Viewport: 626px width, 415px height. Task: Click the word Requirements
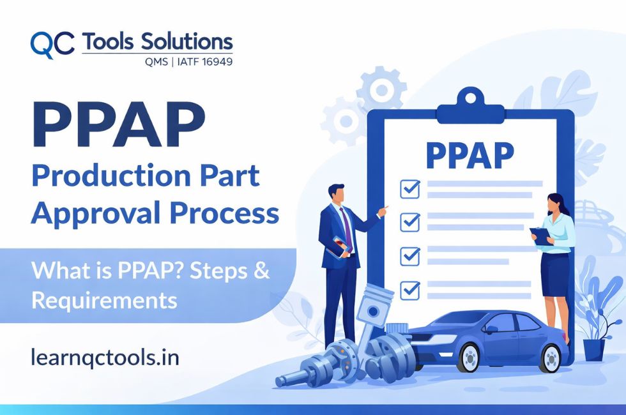tap(104, 299)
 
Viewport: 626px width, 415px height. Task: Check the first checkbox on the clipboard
tap(409, 188)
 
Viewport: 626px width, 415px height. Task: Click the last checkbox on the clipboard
tap(409, 290)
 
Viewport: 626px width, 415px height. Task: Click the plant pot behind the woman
tap(593, 348)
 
